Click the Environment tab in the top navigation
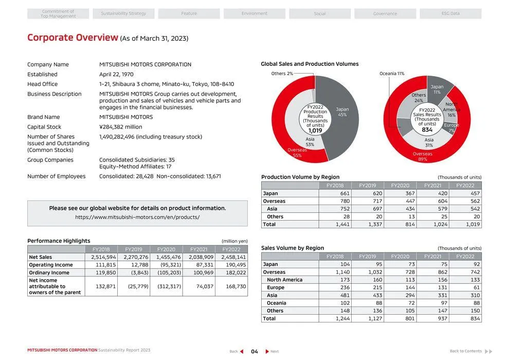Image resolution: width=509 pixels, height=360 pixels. pos(254,13)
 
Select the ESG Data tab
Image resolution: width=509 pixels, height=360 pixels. pos(450,13)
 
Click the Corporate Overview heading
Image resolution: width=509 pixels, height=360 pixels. pos(72,38)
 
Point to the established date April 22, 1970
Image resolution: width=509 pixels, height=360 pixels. pos(116,75)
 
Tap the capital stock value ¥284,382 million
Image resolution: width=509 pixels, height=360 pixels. pos(120,127)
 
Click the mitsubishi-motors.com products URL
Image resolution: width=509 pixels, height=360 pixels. pos(137,218)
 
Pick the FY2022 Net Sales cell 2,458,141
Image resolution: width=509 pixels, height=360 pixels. pos(233,257)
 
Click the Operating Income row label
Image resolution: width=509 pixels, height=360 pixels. pos(51,265)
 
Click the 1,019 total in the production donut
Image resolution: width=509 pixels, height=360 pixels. pos(315,131)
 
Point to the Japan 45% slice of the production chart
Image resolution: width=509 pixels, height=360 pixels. pos(342,112)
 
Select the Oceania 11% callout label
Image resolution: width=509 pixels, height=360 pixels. pos(392,74)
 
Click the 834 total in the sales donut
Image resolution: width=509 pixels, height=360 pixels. pos(427,130)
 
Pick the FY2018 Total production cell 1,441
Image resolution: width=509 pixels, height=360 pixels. pos(335,225)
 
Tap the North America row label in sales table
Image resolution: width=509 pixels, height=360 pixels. pos(284,280)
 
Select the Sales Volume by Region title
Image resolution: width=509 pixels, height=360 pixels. pos(293,248)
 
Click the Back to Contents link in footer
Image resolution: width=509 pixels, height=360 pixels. pos(465,351)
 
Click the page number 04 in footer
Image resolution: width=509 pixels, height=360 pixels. pos(254,351)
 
